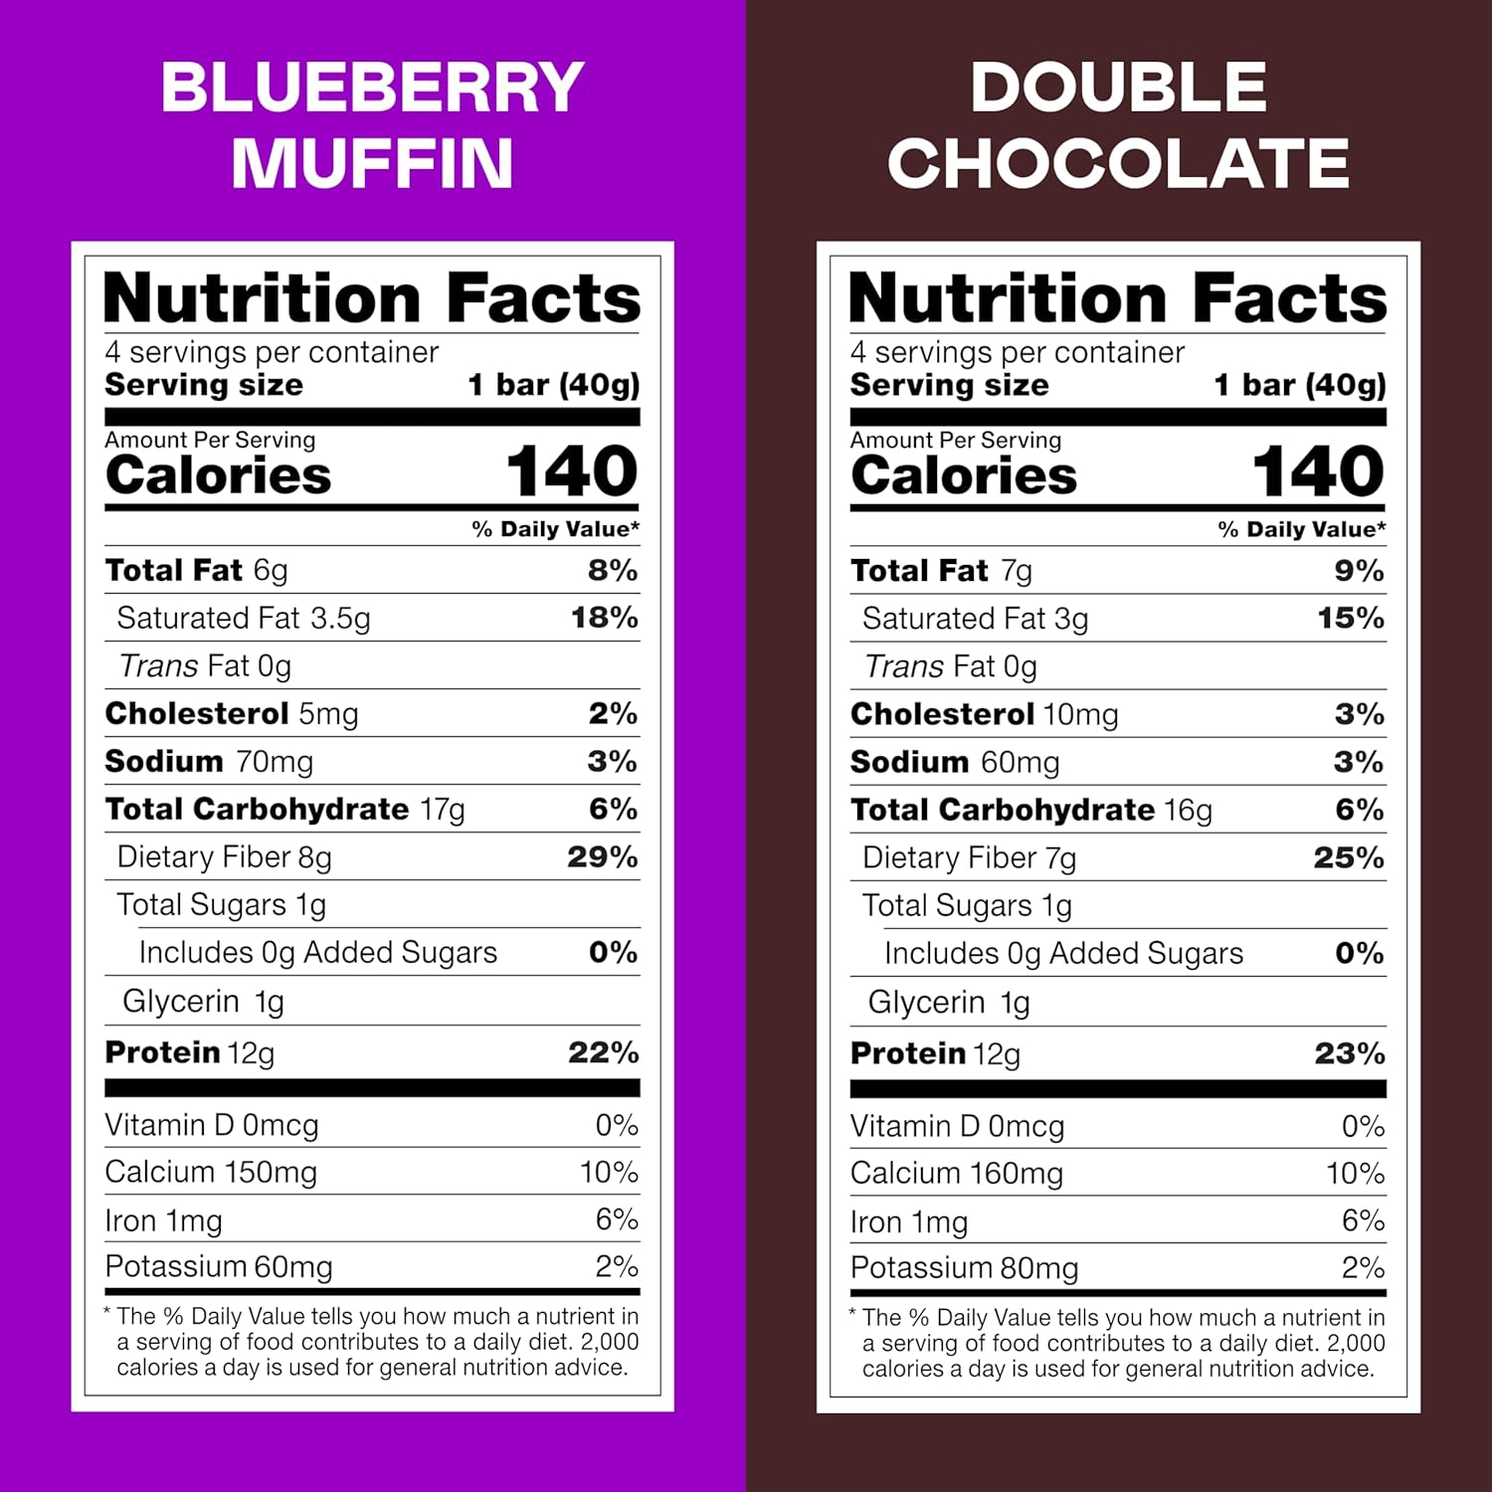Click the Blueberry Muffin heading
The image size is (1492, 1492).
click(372, 125)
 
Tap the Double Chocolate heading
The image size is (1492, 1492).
click(1118, 125)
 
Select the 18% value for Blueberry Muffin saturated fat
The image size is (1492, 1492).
click(604, 618)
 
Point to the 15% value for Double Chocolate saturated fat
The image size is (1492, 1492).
click(1350, 619)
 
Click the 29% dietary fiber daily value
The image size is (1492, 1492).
click(602, 856)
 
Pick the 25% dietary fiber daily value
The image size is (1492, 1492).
click(1348, 857)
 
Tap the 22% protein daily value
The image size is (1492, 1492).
click(603, 1052)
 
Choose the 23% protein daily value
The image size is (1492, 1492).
click(1349, 1053)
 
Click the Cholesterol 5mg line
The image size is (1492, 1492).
click(232, 713)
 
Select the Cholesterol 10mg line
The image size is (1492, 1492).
click(984, 714)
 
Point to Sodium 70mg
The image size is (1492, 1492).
click(209, 761)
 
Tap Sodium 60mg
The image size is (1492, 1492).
click(955, 762)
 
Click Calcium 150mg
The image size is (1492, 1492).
click(211, 1172)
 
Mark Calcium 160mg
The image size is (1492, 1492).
click(957, 1173)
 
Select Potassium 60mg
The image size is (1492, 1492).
click(219, 1266)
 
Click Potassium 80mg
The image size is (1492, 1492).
click(965, 1268)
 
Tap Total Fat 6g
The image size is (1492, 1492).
click(197, 570)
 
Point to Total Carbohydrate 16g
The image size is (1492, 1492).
click(1031, 810)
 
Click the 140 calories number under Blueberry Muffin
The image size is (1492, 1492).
click(572, 471)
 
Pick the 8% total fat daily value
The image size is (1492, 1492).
click(612, 570)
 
